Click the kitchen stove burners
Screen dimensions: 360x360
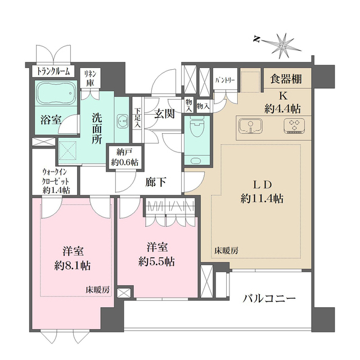(294, 127)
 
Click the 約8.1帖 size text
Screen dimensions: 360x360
(73, 265)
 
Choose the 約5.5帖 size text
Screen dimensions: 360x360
(158, 261)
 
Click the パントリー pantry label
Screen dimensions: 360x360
(225, 80)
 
